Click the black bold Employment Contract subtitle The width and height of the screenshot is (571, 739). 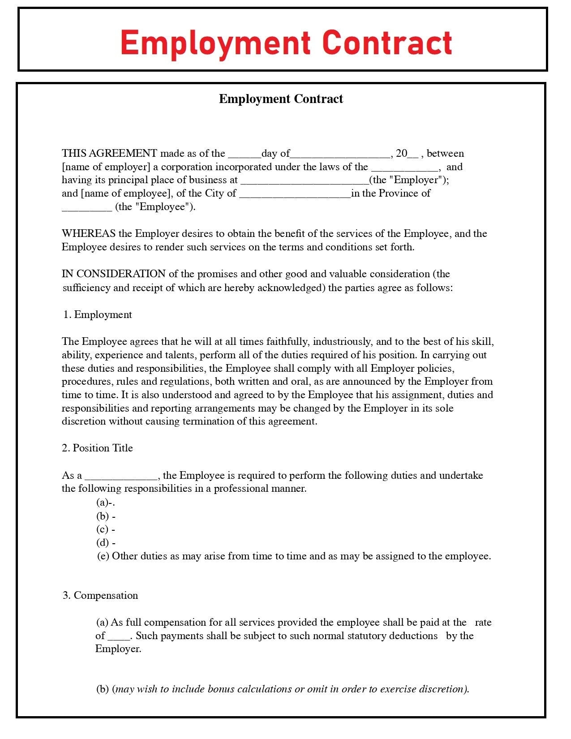coord(281,99)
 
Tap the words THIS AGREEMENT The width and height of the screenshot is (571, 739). coord(109,154)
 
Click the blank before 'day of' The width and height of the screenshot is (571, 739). coord(245,155)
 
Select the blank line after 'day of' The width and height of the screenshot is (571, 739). coord(340,155)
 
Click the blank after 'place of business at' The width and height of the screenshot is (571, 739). coord(305,182)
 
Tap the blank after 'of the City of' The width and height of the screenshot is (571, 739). coord(295,195)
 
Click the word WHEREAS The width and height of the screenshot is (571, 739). coord(89,234)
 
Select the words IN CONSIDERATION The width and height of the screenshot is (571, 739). coord(114,274)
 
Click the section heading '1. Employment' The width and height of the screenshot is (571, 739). coord(98,315)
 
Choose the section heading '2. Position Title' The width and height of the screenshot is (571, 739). coord(98,448)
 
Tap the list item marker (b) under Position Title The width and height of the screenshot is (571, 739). coord(103,516)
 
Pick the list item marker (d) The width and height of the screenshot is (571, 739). coord(103,543)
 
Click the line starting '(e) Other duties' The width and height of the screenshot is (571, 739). coord(294,556)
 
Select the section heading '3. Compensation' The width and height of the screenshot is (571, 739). coord(100,596)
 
